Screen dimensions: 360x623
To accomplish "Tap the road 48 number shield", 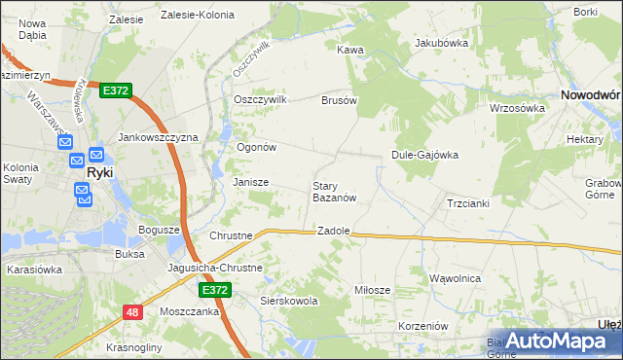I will coord(132,311).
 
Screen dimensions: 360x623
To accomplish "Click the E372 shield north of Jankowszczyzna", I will coord(115,90).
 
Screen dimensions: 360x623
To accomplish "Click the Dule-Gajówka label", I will coord(424,154).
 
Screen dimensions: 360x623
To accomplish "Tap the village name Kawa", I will coord(349,49).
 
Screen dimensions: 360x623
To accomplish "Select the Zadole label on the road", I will coord(333,231).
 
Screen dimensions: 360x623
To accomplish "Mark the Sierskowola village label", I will coord(290,302).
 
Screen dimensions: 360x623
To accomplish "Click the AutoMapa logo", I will coord(554,341).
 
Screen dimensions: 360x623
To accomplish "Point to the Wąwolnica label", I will coord(456,278).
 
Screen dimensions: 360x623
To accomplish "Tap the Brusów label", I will coord(340,99).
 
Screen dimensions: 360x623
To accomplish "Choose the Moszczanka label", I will coord(189,314).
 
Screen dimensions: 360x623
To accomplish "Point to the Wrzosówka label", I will coord(517,108).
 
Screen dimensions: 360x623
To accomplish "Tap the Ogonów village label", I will coord(258,148).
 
